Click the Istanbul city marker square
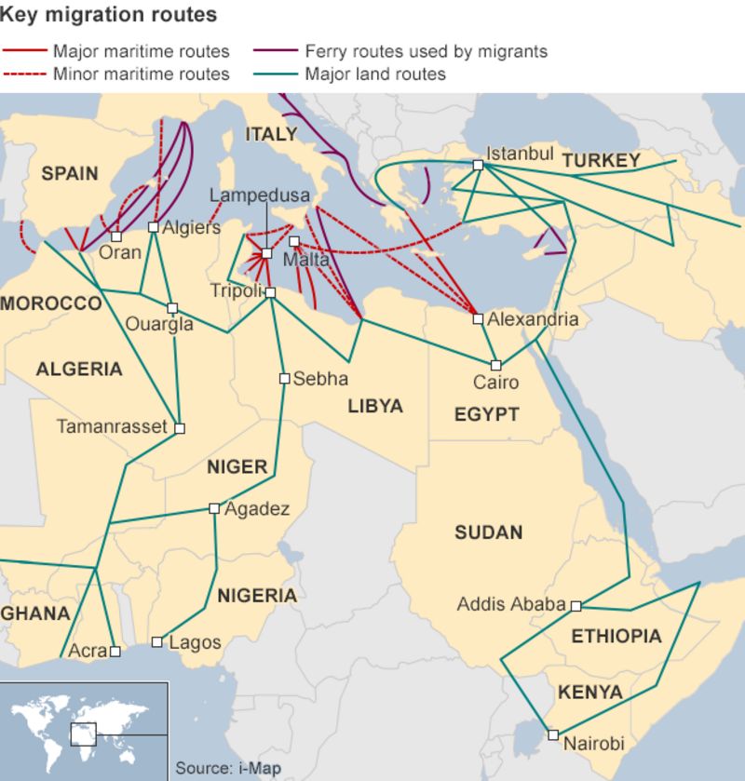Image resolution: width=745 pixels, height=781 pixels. click(478, 165)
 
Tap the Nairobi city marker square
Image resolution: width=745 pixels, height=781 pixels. click(552, 734)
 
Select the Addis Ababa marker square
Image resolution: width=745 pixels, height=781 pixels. click(576, 605)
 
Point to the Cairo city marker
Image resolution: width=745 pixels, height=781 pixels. click(496, 365)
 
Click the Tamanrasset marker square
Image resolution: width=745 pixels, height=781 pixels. click(180, 428)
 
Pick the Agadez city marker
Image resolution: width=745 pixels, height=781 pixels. click(214, 508)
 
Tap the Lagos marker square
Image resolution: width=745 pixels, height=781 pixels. click(156, 641)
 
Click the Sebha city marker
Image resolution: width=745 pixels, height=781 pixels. click(284, 378)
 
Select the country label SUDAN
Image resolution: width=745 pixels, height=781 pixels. click(488, 533)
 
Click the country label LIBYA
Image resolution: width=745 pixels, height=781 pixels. click(375, 407)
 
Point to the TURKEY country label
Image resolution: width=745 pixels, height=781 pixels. click(601, 161)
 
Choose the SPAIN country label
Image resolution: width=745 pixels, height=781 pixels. click(70, 173)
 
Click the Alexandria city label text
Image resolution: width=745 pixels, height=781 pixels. click(533, 319)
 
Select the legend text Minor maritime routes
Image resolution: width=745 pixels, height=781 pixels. click(141, 74)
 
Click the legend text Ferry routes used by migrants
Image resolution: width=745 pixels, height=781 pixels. click(426, 51)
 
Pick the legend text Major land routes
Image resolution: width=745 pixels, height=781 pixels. click(375, 74)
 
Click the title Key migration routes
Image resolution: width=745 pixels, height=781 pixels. click(109, 15)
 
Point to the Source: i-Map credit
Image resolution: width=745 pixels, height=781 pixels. click(228, 769)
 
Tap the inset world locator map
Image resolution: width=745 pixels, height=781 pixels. click(84, 730)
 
